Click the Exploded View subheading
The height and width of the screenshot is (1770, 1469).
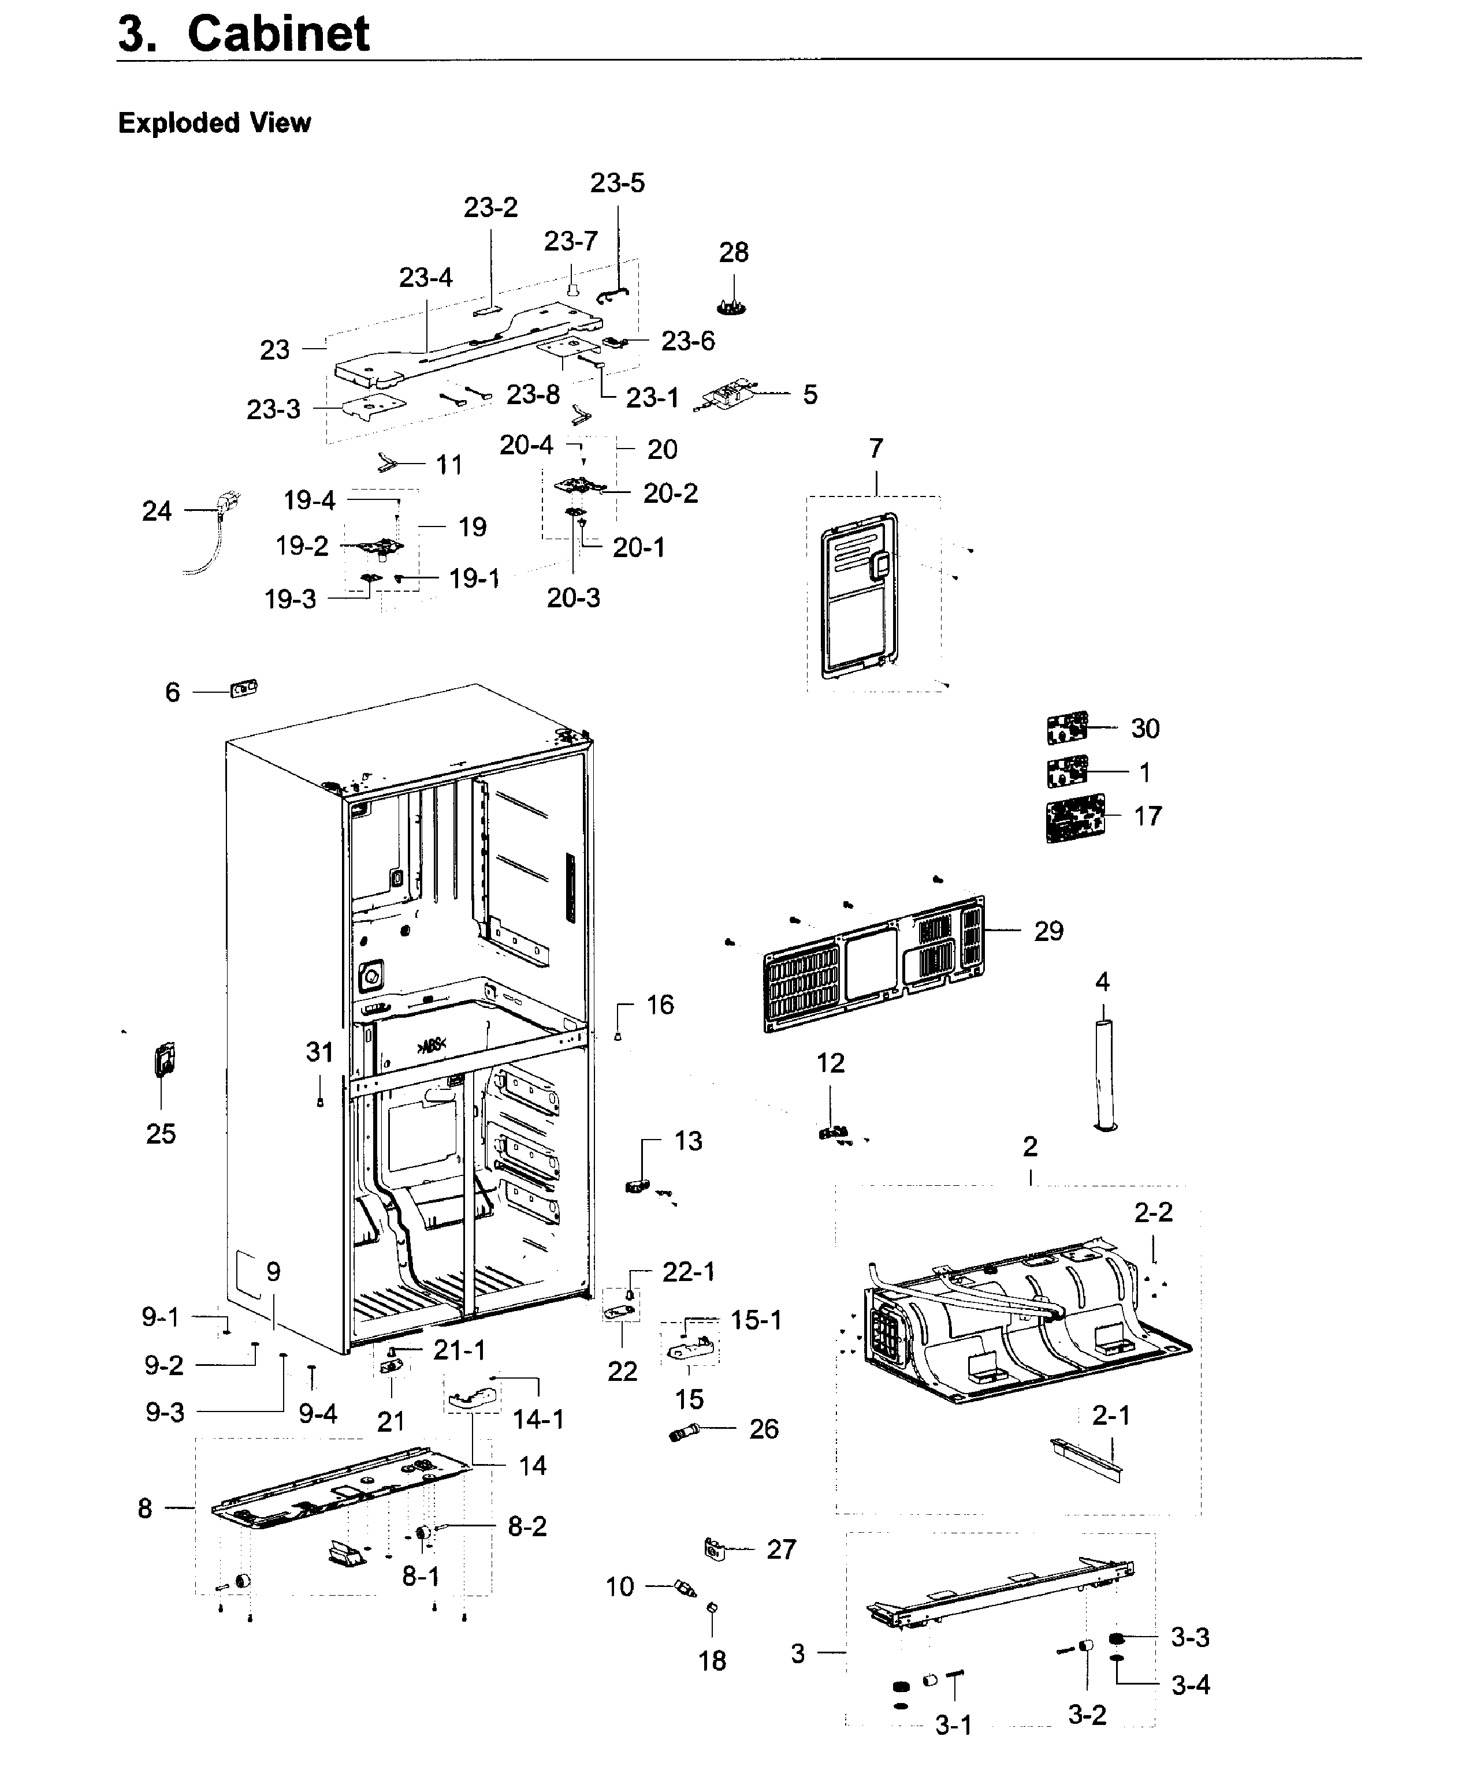coord(214,123)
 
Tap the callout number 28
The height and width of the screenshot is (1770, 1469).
coord(733,252)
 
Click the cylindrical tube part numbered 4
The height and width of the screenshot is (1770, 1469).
coord(1104,1076)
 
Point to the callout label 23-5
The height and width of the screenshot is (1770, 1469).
coord(618,183)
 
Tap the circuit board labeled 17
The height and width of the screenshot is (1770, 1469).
coord(1075,817)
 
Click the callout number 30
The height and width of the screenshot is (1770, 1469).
coord(1144,728)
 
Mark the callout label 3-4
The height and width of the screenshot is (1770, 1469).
coord(1190,1685)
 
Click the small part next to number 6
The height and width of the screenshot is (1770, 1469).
coord(244,689)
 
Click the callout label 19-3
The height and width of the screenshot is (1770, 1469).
coord(290,599)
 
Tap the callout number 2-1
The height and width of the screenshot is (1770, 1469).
coord(1111,1415)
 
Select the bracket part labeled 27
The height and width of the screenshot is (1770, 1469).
coord(714,1548)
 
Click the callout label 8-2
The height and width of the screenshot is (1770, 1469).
coord(527,1526)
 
